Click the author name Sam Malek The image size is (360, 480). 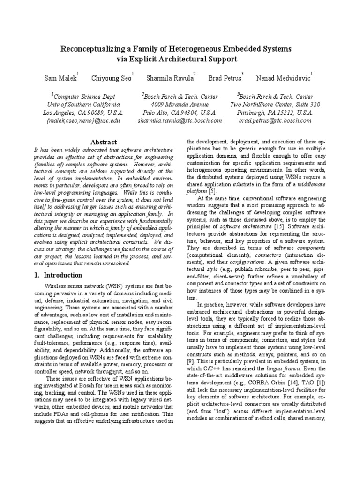60,78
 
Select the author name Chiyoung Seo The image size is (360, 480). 111,78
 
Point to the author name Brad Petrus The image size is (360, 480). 224,78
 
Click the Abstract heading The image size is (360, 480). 103,142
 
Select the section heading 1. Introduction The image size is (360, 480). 58,275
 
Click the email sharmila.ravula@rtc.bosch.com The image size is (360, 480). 180,120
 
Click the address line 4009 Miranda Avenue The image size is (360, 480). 180,105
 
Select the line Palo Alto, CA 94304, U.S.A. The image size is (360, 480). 180,112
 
